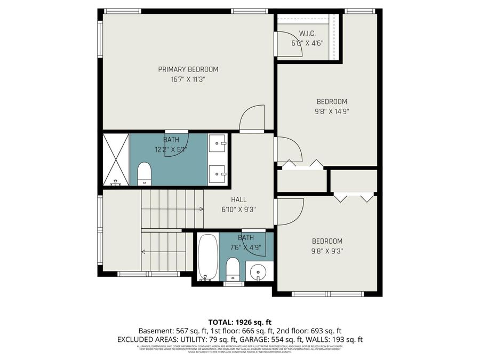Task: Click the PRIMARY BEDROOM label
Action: pyautogui.click(x=188, y=69)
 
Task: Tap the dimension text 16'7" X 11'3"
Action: pyautogui.click(x=188, y=79)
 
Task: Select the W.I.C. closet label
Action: pyautogui.click(x=307, y=33)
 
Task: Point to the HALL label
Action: pyautogui.click(x=238, y=199)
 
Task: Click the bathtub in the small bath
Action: pyautogui.click(x=207, y=257)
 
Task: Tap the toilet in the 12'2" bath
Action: pyautogui.click(x=145, y=174)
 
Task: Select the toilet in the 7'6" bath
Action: pyautogui.click(x=233, y=268)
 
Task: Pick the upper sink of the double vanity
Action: pyautogui.click(x=217, y=142)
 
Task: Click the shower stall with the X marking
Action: pyautogui.click(x=116, y=159)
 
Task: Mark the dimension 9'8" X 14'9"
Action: pyautogui.click(x=332, y=111)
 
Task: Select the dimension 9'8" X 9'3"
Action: pyautogui.click(x=327, y=251)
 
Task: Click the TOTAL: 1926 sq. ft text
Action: pyautogui.click(x=239, y=322)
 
